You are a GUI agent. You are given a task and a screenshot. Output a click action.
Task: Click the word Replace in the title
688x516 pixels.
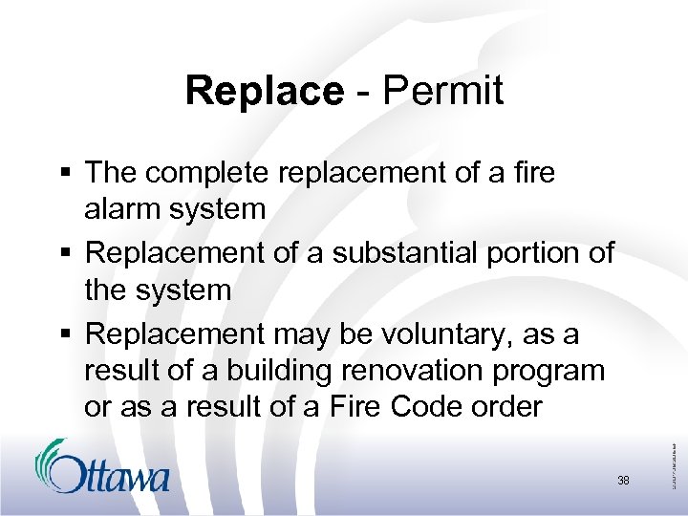click(x=264, y=91)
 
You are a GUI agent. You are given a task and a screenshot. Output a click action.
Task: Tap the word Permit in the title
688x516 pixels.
click(x=442, y=91)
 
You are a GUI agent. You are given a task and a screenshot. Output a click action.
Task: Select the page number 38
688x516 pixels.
click(x=623, y=481)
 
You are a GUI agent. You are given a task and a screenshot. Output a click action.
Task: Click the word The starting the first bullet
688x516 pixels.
click(x=110, y=173)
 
